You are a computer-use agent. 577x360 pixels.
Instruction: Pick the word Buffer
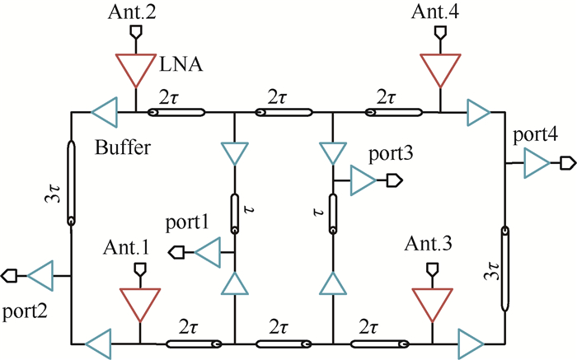click(119, 149)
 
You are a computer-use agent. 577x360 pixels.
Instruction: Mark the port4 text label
click(532, 134)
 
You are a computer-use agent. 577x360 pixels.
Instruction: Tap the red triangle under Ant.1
click(139, 303)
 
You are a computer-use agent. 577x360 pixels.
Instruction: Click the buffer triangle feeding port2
click(40, 274)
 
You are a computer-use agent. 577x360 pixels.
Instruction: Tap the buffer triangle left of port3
click(362, 180)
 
